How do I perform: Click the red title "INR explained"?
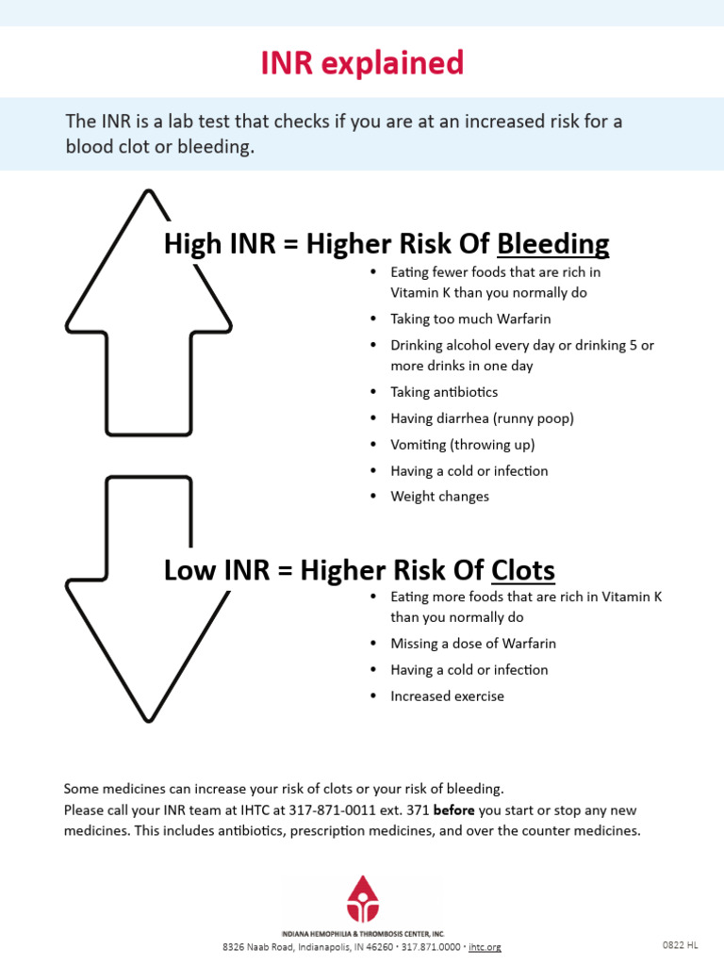pos(362,63)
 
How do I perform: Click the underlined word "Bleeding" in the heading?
pos(552,244)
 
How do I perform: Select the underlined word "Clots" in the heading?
pos(523,570)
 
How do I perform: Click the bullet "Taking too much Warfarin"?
pos(470,319)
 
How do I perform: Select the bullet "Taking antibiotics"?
pos(444,392)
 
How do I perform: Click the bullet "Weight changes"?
pos(439,497)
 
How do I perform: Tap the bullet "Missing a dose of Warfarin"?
pos(473,644)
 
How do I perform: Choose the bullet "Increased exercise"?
pos(447,696)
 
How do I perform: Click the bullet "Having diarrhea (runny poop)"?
pos(482,418)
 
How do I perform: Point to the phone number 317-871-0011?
pos(334,810)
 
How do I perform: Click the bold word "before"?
pos(453,810)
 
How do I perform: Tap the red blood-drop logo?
pos(362,899)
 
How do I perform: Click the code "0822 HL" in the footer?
pos(680,944)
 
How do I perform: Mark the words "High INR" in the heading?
pos(205,244)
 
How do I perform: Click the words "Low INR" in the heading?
pos(202,570)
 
